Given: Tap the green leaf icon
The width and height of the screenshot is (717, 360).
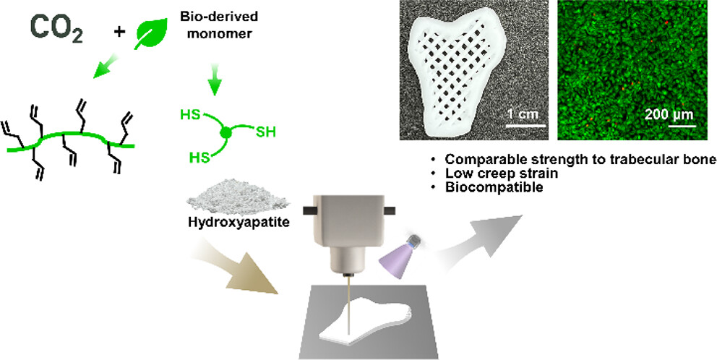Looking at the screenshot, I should (x=153, y=33).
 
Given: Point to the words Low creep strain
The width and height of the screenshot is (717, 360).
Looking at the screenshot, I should (x=495, y=173).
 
